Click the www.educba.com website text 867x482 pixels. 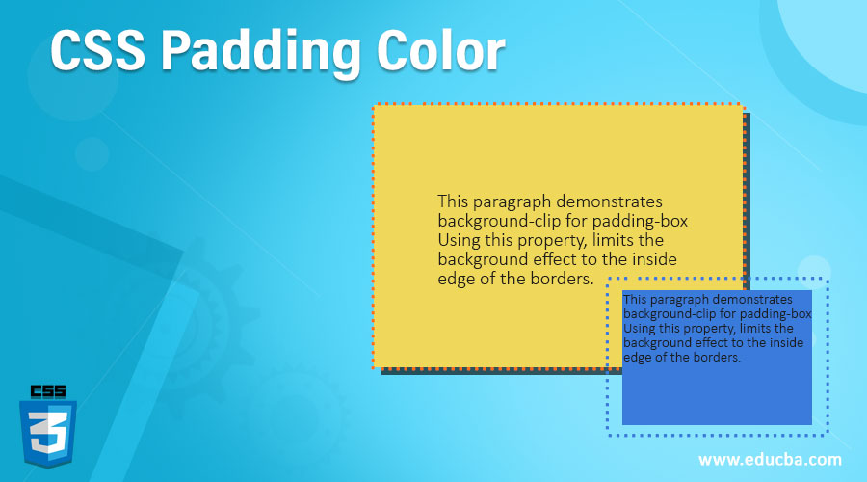[770, 459]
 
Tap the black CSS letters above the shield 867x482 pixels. [47, 391]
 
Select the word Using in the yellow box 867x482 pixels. [459, 240]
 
